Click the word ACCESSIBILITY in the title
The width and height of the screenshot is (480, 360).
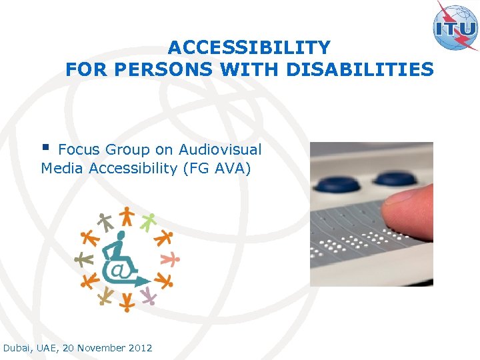[249, 48]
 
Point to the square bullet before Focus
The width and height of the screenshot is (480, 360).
[46, 147]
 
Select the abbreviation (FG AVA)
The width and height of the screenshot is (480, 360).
[217, 169]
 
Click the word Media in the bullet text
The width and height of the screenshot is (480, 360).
[62, 169]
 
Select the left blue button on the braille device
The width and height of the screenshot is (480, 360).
[337, 182]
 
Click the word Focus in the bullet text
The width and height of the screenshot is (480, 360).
[79, 149]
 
